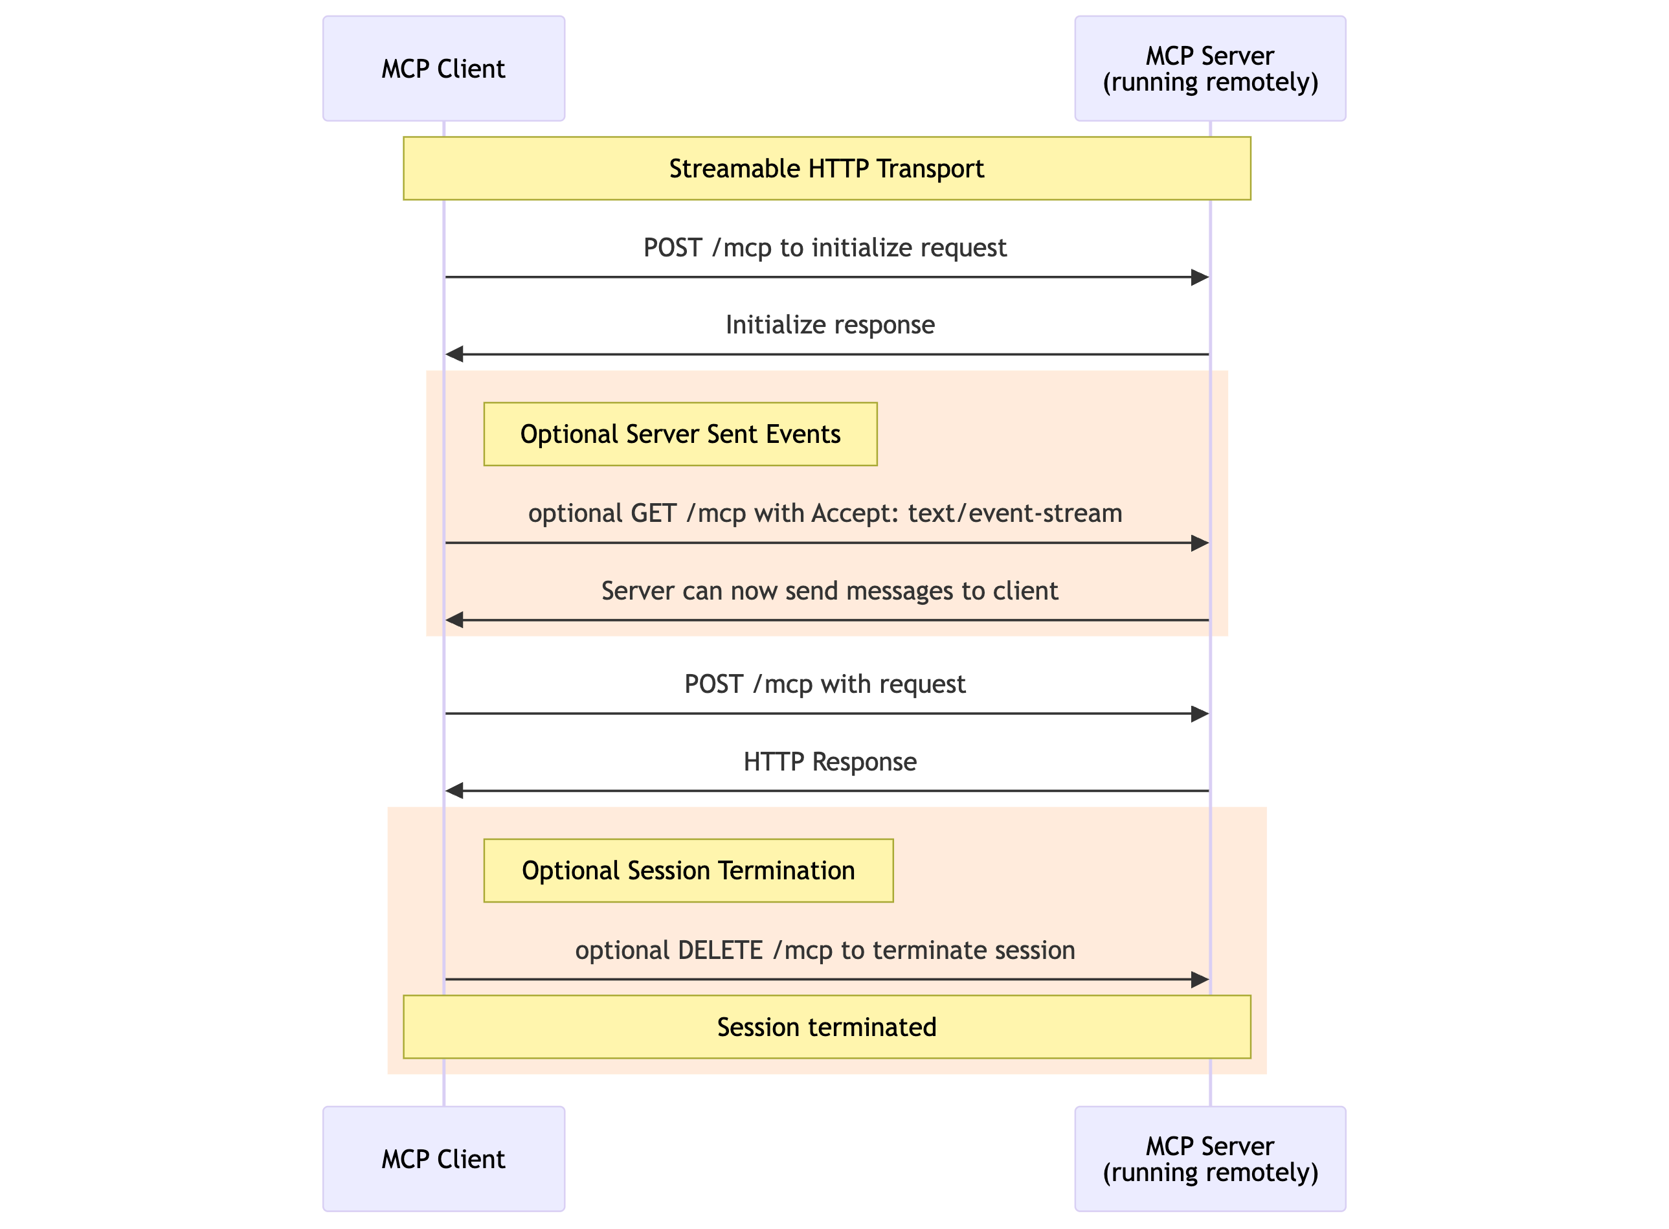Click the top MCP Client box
(443, 69)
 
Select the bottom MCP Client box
(443, 1158)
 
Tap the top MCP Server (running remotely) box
(1209, 69)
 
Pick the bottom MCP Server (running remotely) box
(1209, 1158)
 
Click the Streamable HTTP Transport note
(826, 168)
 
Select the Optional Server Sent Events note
(680, 434)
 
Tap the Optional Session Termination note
(688, 870)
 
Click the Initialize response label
(829, 324)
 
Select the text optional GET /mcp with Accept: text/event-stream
(824, 513)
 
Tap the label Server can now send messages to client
(829, 590)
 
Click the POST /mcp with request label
(824, 684)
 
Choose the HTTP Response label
(829, 761)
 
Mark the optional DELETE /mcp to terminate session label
(824, 950)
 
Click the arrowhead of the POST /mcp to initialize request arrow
(1199, 278)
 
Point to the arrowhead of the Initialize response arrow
(454, 354)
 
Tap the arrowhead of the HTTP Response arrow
(454, 791)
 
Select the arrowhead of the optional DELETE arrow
(1199, 980)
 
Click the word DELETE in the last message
(720, 950)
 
